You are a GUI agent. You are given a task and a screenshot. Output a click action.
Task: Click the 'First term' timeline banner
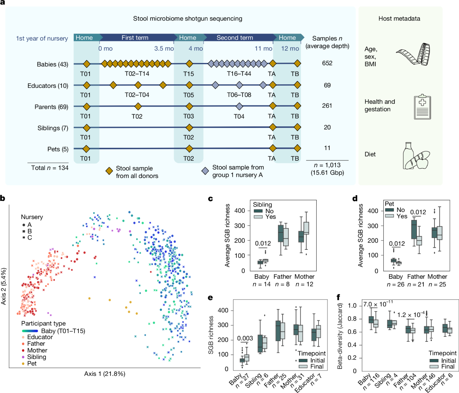click(135, 37)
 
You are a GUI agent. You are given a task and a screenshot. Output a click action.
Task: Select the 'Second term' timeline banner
click(234, 37)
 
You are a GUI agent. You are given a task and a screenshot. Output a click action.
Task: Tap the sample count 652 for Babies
click(327, 63)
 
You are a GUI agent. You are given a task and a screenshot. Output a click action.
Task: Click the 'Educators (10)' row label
click(48, 86)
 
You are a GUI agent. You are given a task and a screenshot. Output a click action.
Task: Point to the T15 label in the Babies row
click(188, 74)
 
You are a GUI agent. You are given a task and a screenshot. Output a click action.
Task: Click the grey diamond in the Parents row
click(239, 106)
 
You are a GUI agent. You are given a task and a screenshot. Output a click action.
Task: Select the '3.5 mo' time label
click(164, 49)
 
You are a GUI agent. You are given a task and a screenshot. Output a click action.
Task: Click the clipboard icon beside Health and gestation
click(422, 107)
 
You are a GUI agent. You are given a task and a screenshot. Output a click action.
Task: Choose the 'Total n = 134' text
click(50, 167)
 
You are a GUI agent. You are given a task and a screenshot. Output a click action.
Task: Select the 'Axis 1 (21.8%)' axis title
click(104, 374)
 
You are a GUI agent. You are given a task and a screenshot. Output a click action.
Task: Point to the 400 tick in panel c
click(239, 211)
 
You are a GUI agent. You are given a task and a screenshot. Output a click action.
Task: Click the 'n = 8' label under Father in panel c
click(282, 284)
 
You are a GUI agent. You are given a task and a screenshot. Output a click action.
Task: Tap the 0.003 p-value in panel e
click(245, 338)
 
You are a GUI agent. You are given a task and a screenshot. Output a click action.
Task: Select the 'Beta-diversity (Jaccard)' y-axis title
click(340, 336)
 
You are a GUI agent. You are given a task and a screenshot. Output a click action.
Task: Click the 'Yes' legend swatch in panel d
click(390, 216)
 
